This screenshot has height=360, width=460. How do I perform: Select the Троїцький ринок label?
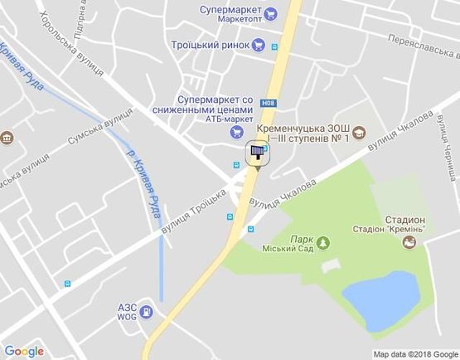[211, 45]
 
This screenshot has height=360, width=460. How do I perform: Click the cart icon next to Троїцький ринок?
[259, 45]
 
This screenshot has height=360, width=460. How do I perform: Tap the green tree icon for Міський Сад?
[324, 242]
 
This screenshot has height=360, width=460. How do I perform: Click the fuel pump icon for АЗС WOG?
[146, 312]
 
